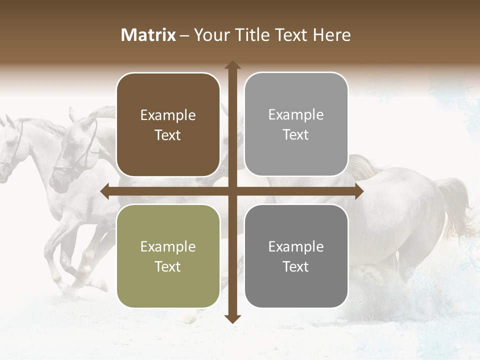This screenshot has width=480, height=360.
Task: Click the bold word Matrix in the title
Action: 148,35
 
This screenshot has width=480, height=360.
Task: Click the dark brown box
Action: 168,125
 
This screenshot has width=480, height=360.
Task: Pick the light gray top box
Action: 296,124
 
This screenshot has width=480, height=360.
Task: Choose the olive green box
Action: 168,256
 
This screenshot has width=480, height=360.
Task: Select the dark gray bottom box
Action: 296,256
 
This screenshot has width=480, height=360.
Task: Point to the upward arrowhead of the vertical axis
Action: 232,65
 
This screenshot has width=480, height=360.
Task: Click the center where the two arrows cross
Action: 232,191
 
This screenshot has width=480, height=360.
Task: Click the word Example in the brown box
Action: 168,115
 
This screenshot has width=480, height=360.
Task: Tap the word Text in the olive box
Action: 168,266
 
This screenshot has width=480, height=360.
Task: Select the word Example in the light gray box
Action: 296,115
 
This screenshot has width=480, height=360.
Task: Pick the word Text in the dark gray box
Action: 296,266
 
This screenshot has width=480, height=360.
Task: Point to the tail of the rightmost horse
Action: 455,205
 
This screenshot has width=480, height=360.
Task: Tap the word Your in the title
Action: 210,35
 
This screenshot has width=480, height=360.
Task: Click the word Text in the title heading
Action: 292,35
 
